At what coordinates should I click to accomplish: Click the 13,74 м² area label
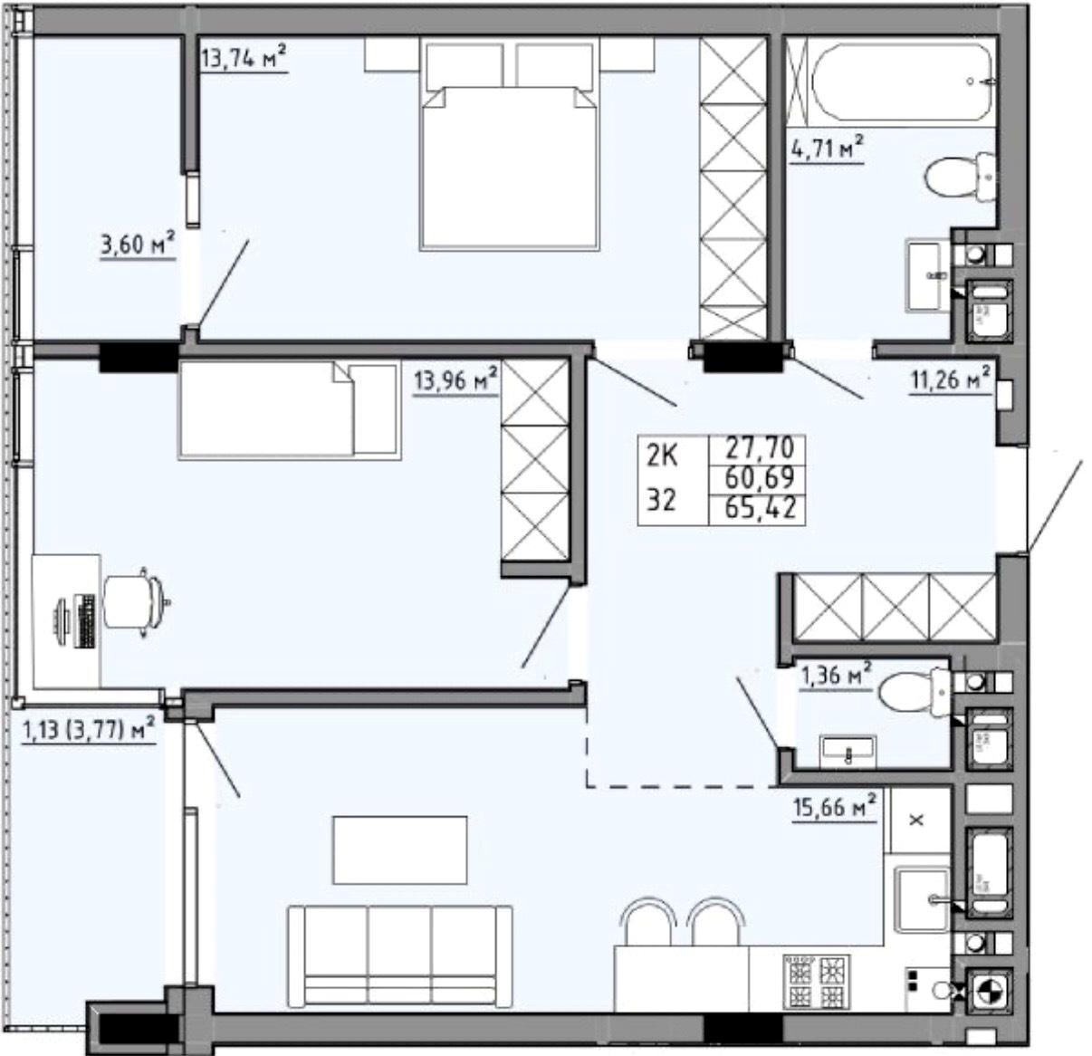tap(244, 57)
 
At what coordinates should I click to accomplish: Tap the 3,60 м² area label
tap(138, 245)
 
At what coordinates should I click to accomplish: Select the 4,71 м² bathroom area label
tap(827, 148)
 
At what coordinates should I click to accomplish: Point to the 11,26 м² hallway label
tap(950, 379)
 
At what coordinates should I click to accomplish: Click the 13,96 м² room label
tap(455, 380)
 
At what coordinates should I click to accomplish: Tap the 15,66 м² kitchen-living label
tap(835, 807)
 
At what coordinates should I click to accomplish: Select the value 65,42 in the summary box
tap(761, 508)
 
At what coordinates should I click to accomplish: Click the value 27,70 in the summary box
tap(761, 448)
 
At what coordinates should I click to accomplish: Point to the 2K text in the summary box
tap(663, 457)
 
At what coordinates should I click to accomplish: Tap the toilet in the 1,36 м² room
tap(915, 692)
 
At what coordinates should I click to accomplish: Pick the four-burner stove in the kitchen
tap(817, 980)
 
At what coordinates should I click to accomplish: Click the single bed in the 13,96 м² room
tap(289, 410)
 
